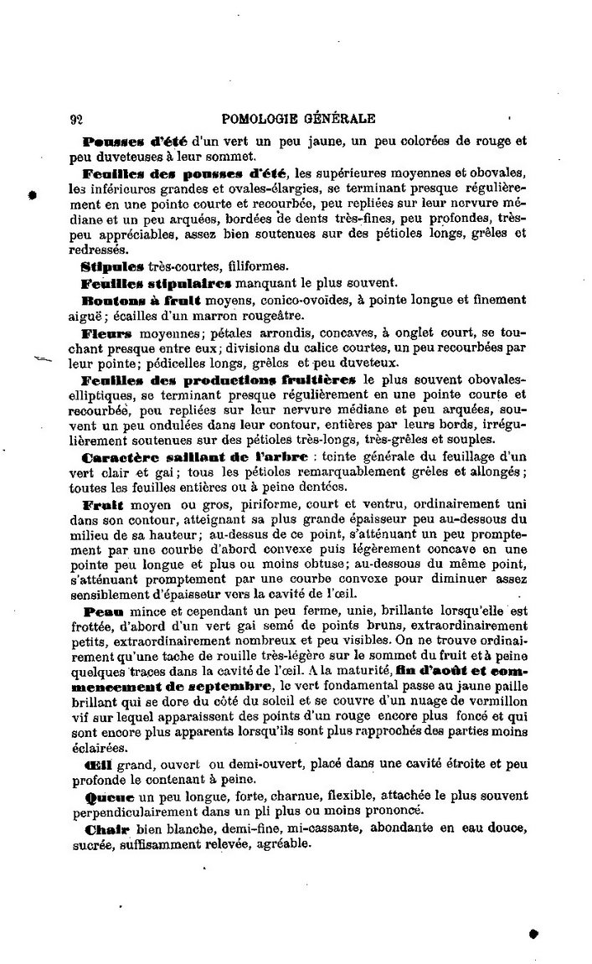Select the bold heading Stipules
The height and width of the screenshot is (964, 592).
pos(113,265)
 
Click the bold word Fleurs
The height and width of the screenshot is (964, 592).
pos(108,333)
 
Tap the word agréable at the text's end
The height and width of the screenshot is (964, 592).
pos(282,844)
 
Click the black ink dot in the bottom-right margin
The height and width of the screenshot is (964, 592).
pos(533,932)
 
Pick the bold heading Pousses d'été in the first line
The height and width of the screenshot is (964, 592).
pos(134,141)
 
